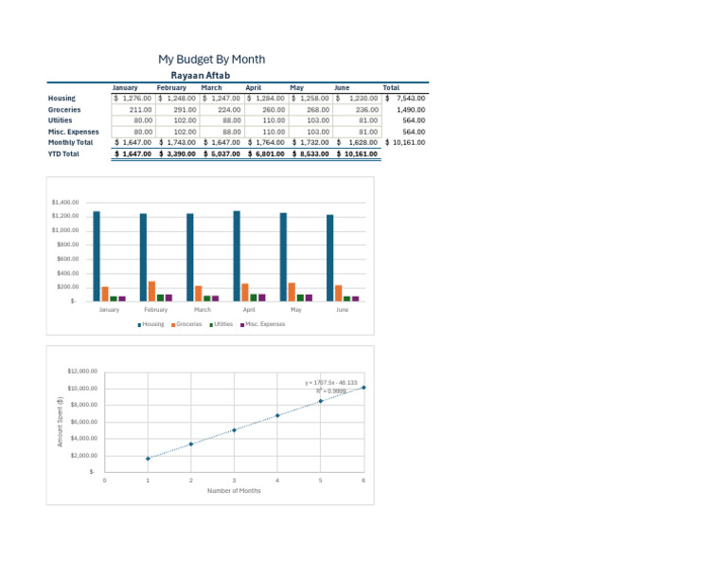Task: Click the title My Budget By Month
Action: pos(211,59)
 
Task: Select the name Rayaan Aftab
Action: pos(200,75)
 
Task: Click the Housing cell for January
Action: pos(133,98)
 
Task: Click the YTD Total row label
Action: pos(63,154)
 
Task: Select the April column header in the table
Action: pos(253,87)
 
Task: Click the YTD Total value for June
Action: pos(360,154)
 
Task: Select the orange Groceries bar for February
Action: pos(151,291)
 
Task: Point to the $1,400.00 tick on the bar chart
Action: pos(66,203)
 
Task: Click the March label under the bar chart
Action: pos(203,310)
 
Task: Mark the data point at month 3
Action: pos(234,430)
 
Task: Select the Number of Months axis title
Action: pos(234,490)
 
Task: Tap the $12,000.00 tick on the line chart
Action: pos(82,372)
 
